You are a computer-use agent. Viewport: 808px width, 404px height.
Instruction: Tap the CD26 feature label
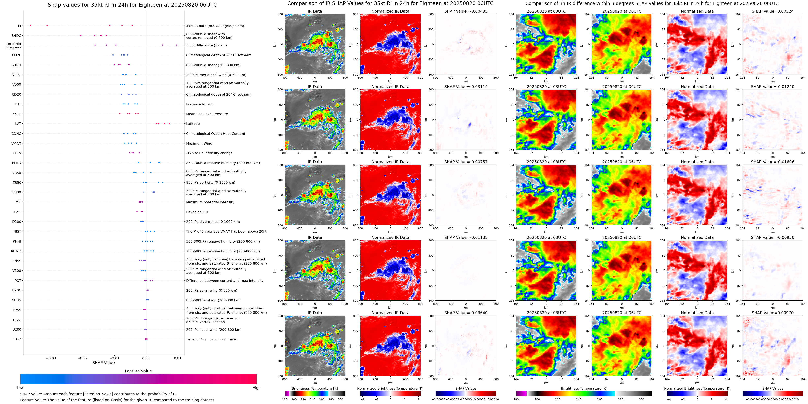tap(17, 55)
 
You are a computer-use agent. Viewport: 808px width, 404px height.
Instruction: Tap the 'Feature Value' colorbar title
tap(138, 371)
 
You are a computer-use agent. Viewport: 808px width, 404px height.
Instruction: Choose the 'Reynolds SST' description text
tap(197, 212)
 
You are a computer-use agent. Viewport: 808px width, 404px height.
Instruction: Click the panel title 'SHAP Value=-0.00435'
tap(466, 11)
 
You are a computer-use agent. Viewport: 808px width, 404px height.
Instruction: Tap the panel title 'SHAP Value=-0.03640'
tap(466, 313)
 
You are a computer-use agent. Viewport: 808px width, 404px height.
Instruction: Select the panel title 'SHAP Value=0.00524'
tap(773, 11)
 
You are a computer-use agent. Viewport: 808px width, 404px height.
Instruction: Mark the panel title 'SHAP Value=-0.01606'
tap(773, 162)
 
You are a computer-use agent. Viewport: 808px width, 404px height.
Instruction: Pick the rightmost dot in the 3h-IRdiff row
tap(177, 45)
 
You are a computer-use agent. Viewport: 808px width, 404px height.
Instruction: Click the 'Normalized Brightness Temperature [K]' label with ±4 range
tap(697, 388)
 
